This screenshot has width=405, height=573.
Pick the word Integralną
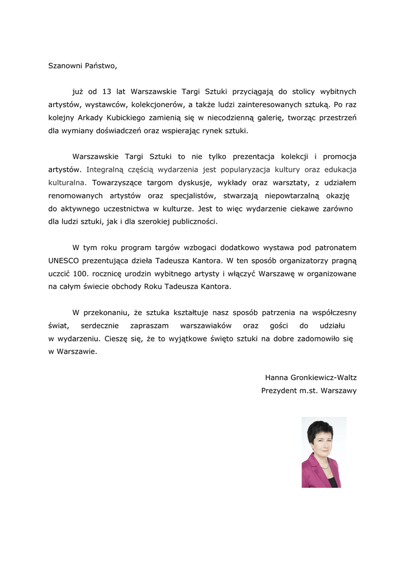(x=106, y=170)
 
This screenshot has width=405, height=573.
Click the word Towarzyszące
(x=117, y=182)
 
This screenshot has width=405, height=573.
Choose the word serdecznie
(x=102, y=326)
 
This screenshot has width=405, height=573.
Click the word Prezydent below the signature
(x=279, y=391)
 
